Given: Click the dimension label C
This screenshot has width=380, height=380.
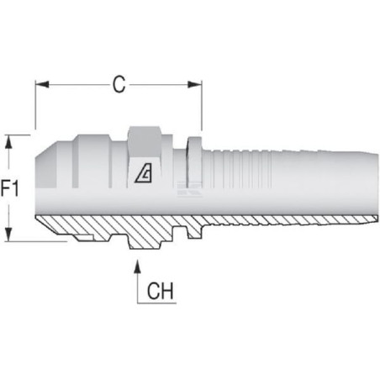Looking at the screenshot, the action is pos(119,84).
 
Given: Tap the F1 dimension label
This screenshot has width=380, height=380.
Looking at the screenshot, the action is pos(10,188).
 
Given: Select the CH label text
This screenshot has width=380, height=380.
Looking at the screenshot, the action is pos(160,291).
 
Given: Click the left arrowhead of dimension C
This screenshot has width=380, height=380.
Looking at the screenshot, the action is pos(42,84).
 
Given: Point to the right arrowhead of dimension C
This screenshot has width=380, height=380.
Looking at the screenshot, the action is pos(195,84).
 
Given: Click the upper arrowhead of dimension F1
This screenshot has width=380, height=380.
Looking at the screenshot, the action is pos(9,142).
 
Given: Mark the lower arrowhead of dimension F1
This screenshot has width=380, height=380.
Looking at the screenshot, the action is pos(9,235).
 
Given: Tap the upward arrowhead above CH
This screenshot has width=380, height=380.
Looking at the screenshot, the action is pos(137,267).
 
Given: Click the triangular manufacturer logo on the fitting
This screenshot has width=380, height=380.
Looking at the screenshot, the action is pos(144,173).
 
